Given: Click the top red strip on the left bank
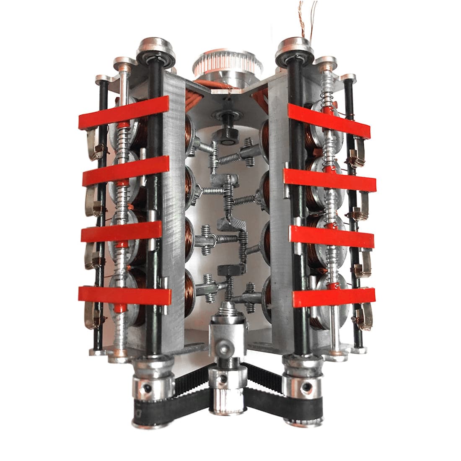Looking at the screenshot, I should tap(124, 112).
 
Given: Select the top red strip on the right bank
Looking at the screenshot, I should tap(329, 121).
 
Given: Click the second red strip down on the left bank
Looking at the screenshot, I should tap(126, 171).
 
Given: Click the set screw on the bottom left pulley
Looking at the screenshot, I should tap(147, 388).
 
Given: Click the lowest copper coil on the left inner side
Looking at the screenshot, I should tap(189, 291).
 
